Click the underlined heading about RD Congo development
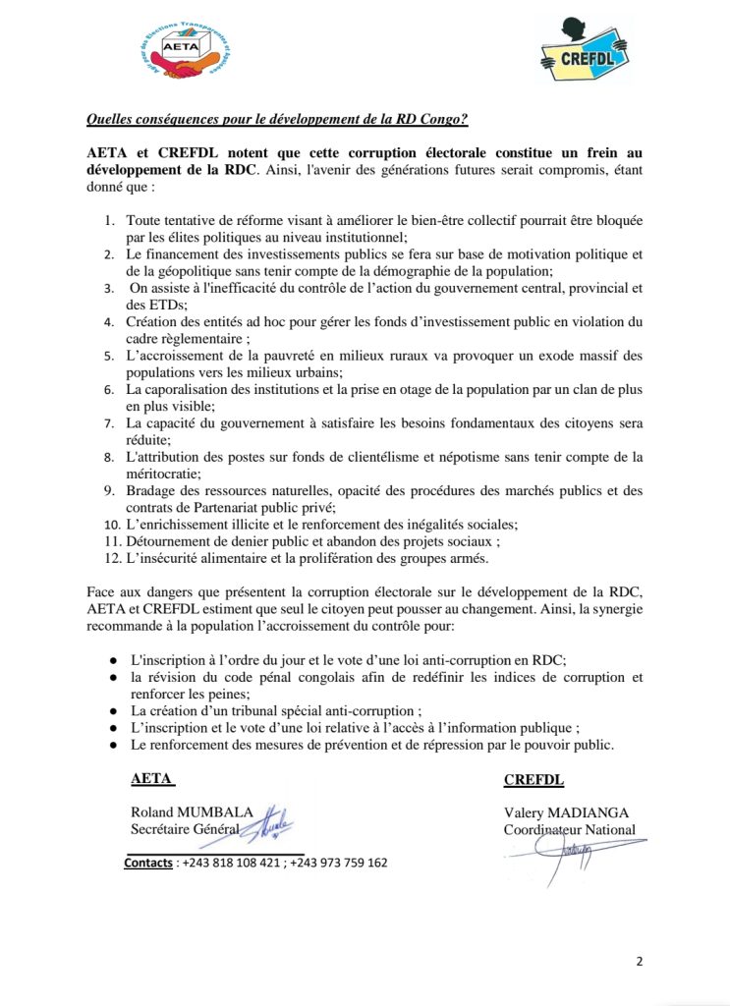click(x=277, y=120)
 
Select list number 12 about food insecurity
click(x=113, y=558)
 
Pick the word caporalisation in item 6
click(x=193, y=390)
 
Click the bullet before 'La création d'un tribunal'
click(x=114, y=710)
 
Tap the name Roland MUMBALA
click(x=192, y=812)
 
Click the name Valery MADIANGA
click(x=565, y=812)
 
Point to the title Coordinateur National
click(x=569, y=829)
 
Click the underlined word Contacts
click(x=148, y=863)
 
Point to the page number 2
click(x=639, y=961)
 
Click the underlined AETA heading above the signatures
click(x=152, y=780)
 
